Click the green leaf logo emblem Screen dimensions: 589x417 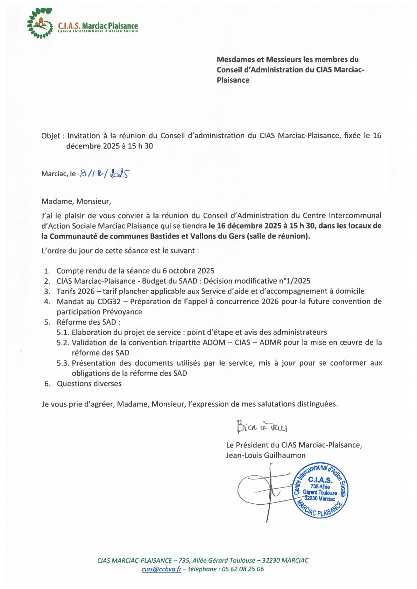coord(39,23)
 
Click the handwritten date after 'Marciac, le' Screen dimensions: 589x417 coord(104,173)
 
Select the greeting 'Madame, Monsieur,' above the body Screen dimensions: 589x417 coord(76,201)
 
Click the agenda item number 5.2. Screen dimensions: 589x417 coord(63,342)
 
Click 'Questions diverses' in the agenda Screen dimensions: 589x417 coord(89,384)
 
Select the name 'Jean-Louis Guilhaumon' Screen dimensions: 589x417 coord(266,455)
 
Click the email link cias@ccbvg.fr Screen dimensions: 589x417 coord(162,569)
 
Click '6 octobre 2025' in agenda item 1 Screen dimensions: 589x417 coord(189,271)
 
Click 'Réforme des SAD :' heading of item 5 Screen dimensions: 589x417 coord(89,322)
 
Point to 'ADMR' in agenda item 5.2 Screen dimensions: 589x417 coord(270,342)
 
